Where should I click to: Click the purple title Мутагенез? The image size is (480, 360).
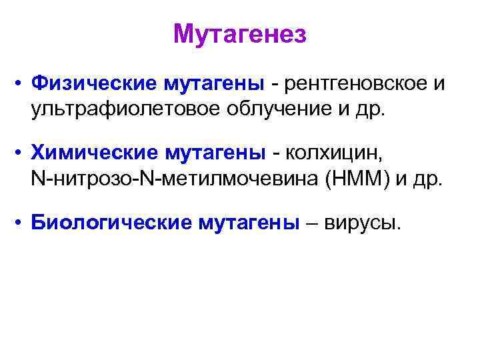point(240,33)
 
